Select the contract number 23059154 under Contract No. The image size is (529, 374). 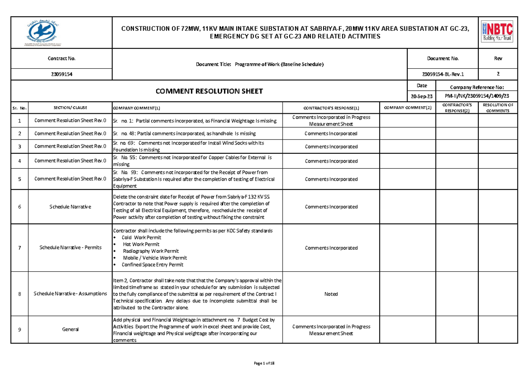(x=61, y=74)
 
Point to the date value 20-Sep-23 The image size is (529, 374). (x=421, y=96)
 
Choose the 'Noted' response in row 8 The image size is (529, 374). (x=331, y=294)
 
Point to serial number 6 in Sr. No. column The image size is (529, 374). (x=19, y=207)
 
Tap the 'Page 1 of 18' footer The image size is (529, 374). (x=264, y=363)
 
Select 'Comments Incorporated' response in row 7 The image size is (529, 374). (x=331, y=248)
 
